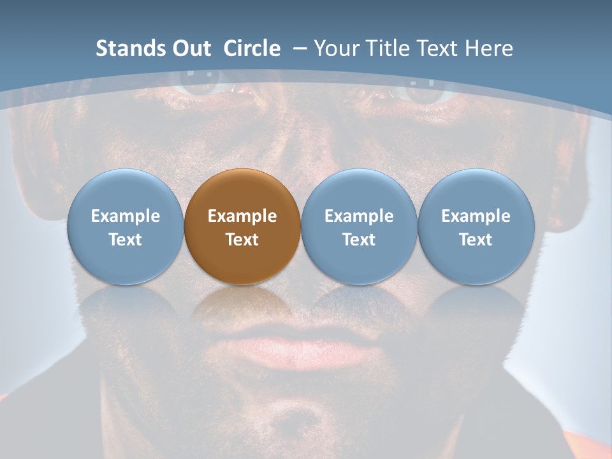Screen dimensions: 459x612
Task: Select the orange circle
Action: [242, 226]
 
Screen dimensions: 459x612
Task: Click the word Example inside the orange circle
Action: [242, 216]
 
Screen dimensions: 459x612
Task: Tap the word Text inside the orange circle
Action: [242, 240]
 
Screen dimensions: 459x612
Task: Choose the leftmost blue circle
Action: [125, 226]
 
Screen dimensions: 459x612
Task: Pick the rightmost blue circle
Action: [476, 226]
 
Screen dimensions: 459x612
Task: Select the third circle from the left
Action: [359, 226]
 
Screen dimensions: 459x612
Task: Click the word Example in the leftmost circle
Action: [125, 216]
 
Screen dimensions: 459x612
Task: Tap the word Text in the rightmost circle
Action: [476, 240]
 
